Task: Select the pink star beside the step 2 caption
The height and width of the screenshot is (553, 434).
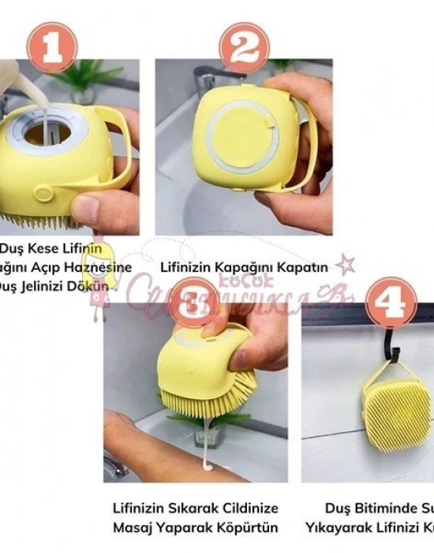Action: (x=345, y=264)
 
